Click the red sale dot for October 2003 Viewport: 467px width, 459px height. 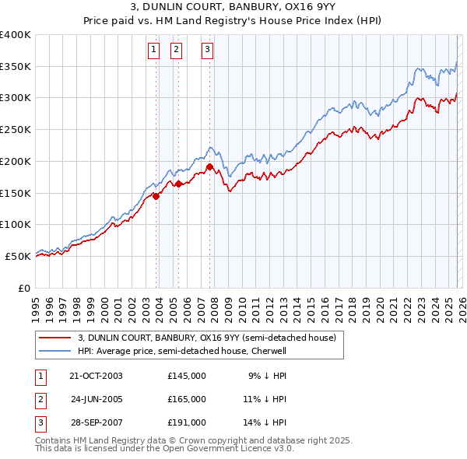pyautogui.click(x=156, y=196)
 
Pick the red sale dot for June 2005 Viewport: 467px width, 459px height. pyautogui.click(x=179, y=184)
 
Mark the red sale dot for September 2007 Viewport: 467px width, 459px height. pyautogui.click(x=210, y=166)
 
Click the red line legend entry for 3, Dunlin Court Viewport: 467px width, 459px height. pyautogui.click(x=206, y=338)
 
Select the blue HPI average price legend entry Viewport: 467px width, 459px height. pyautogui.click(x=182, y=351)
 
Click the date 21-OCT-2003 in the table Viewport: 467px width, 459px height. pyautogui.click(x=97, y=376)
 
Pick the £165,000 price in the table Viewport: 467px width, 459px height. pyautogui.click(x=187, y=399)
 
